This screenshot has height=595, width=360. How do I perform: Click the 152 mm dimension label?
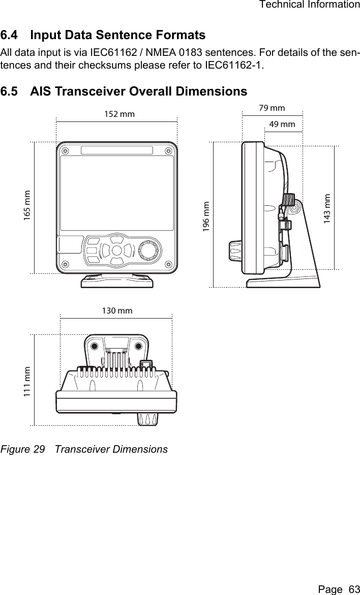coord(119,114)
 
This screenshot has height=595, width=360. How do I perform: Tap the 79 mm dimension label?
coord(272,108)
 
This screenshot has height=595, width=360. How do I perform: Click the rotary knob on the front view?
coord(148,250)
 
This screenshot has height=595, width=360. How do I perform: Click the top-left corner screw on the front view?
coord(65,151)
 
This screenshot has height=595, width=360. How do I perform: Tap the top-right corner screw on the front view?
coord(168,151)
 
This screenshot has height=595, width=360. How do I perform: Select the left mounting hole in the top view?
coord(95,347)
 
